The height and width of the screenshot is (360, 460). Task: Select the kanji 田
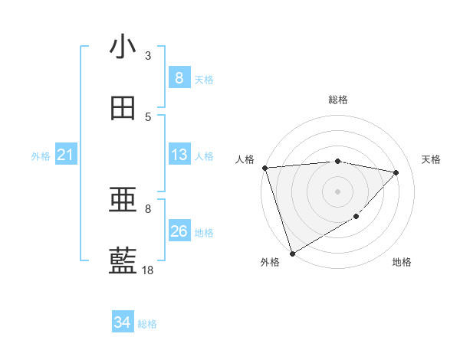point(123,108)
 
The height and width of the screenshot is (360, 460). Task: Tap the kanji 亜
point(123,201)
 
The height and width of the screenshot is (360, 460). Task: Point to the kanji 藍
point(123,261)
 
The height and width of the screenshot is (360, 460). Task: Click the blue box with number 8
point(179,77)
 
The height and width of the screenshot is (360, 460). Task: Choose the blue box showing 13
point(179,155)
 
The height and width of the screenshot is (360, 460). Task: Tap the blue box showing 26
point(179,231)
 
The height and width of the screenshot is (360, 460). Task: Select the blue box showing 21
point(66,155)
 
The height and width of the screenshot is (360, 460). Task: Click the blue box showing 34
point(123,322)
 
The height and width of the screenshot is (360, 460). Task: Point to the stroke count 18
point(148,270)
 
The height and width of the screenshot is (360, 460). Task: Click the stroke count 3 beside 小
point(148,55)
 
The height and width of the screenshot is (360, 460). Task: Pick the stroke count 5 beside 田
point(148,116)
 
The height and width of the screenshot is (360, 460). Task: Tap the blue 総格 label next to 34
point(147,324)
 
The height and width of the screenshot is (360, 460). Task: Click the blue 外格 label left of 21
point(41,156)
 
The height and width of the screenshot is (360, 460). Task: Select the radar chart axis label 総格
point(338,100)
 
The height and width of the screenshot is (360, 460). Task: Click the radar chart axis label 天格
point(432,159)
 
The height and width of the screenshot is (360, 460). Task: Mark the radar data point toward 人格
point(264,168)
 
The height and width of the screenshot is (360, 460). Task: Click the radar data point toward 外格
point(292,254)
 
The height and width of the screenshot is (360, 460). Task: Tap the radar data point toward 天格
point(396,172)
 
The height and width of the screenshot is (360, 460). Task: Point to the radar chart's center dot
point(337,191)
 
